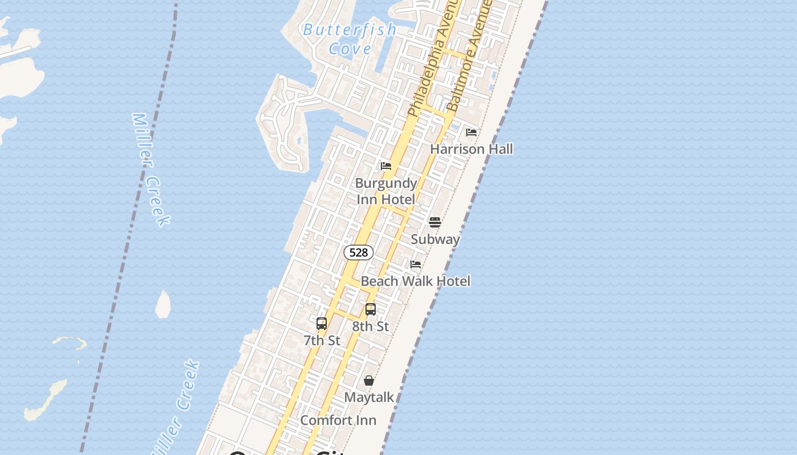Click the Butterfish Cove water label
(349, 39)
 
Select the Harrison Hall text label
(471, 149)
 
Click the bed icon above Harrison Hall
(471, 133)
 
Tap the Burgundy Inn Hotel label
(386, 191)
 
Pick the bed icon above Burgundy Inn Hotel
(386, 166)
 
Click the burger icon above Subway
(435, 222)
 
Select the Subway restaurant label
(435, 239)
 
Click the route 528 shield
(358, 252)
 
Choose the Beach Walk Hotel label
(416, 281)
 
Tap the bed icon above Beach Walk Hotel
(416, 264)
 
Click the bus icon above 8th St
(371, 309)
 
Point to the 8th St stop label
(371, 326)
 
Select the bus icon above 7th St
(322, 324)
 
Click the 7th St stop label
(322, 341)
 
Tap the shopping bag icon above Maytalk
(369, 380)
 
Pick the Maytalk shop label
(369, 397)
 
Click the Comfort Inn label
(338, 420)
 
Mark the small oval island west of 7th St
(163, 304)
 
